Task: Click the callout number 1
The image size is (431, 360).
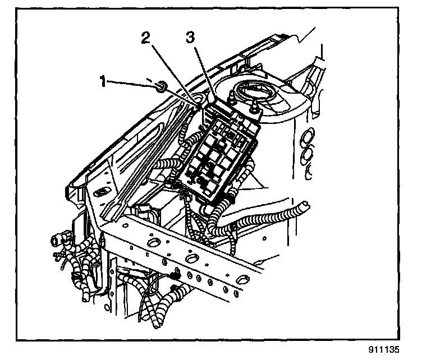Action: point(103,82)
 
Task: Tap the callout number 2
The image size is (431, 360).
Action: point(145,38)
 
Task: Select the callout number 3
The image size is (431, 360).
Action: point(190,38)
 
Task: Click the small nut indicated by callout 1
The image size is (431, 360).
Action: point(160,86)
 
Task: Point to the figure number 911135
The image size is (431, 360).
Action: point(398,350)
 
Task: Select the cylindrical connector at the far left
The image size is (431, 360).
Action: point(56,241)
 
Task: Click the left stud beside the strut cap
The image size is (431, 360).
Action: point(231,101)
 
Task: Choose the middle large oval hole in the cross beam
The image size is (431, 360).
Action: point(192,257)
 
